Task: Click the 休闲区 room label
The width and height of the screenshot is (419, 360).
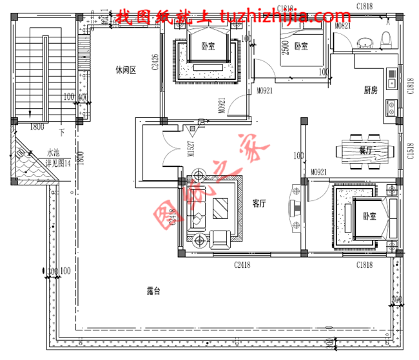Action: pos(126,69)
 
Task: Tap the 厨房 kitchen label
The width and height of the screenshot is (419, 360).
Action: pos(370,90)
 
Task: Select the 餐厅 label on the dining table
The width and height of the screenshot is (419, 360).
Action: pos(365,150)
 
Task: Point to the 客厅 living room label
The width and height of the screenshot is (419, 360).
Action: pos(259,204)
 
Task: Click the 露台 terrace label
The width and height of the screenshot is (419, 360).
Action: pos(153,291)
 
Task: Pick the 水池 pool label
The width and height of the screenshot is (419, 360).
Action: pos(53,154)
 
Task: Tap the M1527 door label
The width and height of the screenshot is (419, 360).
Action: pos(190,149)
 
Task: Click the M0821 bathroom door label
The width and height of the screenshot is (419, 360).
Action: pos(344,25)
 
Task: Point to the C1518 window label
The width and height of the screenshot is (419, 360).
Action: pos(411,151)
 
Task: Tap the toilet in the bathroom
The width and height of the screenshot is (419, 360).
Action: pos(386,38)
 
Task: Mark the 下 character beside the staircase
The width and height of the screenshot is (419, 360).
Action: pos(62,133)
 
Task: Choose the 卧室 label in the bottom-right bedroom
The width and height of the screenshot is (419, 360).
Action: pos(369,216)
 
